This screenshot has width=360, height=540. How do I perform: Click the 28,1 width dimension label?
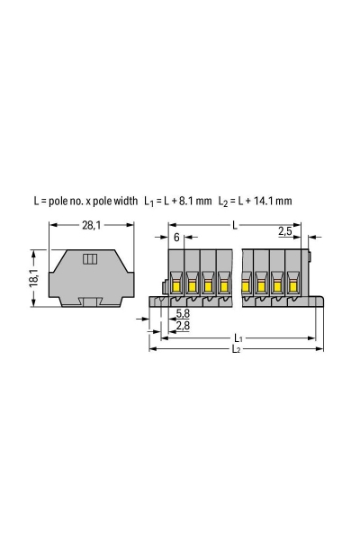(x=92, y=225)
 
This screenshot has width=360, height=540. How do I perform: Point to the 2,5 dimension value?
(x=285, y=232)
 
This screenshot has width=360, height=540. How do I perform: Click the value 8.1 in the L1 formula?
(x=187, y=202)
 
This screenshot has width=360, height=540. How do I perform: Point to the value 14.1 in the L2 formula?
(x=262, y=202)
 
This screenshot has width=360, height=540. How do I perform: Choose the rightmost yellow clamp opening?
(x=292, y=287)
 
